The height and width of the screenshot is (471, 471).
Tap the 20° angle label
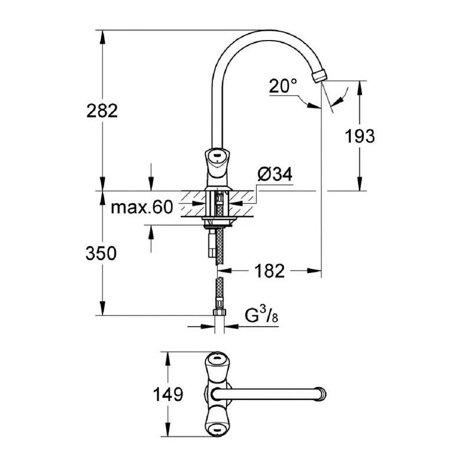pos(283,87)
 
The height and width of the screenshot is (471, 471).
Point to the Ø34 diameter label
pos(275,175)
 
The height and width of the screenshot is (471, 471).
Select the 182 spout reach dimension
pos(271,271)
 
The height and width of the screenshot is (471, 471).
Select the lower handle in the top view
pos(217,426)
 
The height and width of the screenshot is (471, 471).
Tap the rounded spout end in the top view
pos(320,393)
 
